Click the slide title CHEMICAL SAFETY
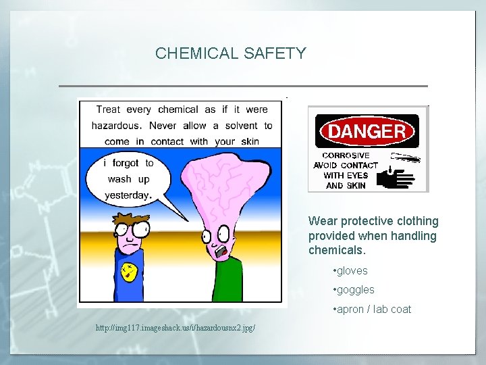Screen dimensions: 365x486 (231, 53)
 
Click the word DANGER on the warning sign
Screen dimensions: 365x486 (367, 131)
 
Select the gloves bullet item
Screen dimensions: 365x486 (350, 271)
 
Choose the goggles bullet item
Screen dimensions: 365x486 (354, 290)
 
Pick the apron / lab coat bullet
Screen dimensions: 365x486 (372, 310)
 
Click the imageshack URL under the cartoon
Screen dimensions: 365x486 (175, 328)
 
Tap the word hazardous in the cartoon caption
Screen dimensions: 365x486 (116, 126)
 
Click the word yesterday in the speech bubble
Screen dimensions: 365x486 (126, 195)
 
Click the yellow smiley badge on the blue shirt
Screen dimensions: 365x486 (128, 272)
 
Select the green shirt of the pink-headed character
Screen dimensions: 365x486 (229, 281)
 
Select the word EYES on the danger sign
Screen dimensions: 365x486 (357, 175)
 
